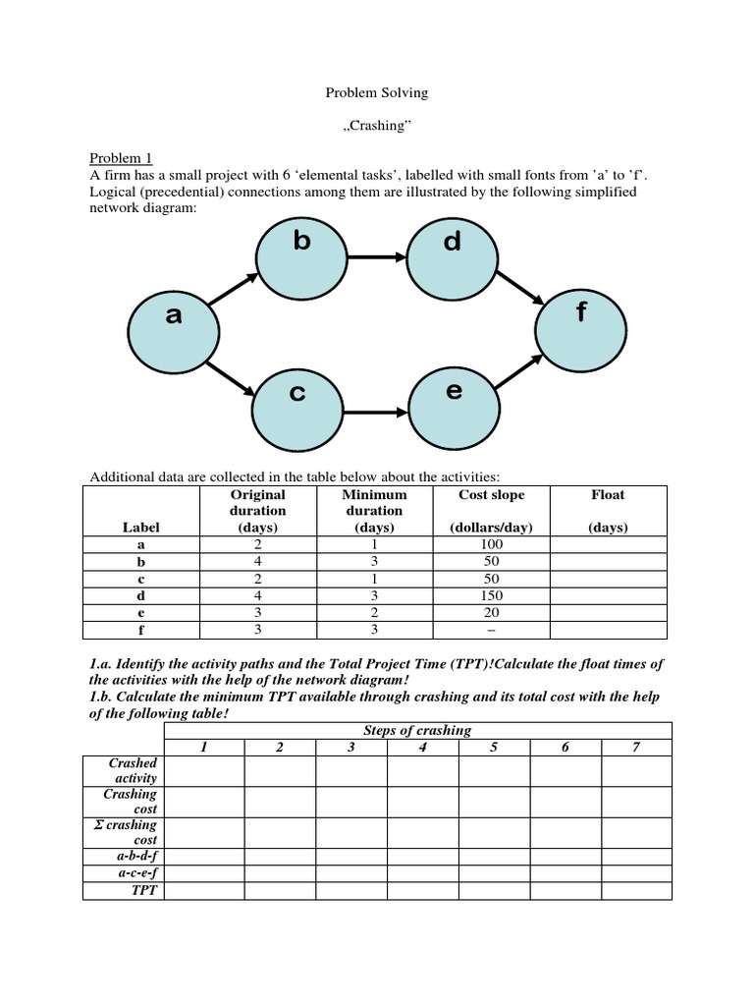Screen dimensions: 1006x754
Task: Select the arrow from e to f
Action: click(x=516, y=372)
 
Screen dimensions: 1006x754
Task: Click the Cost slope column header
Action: click(x=491, y=495)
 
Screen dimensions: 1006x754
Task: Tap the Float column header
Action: click(x=608, y=495)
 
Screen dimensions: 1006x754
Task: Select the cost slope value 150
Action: click(x=491, y=595)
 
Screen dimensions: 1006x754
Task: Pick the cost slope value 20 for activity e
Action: click(x=491, y=612)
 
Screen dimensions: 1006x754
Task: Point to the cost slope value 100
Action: click(x=491, y=544)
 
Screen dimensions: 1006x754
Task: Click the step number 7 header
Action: click(x=636, y=747)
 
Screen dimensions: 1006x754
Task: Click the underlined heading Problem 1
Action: click(x=122, y=158)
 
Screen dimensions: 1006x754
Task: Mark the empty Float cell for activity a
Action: click(x=608, y=544)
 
